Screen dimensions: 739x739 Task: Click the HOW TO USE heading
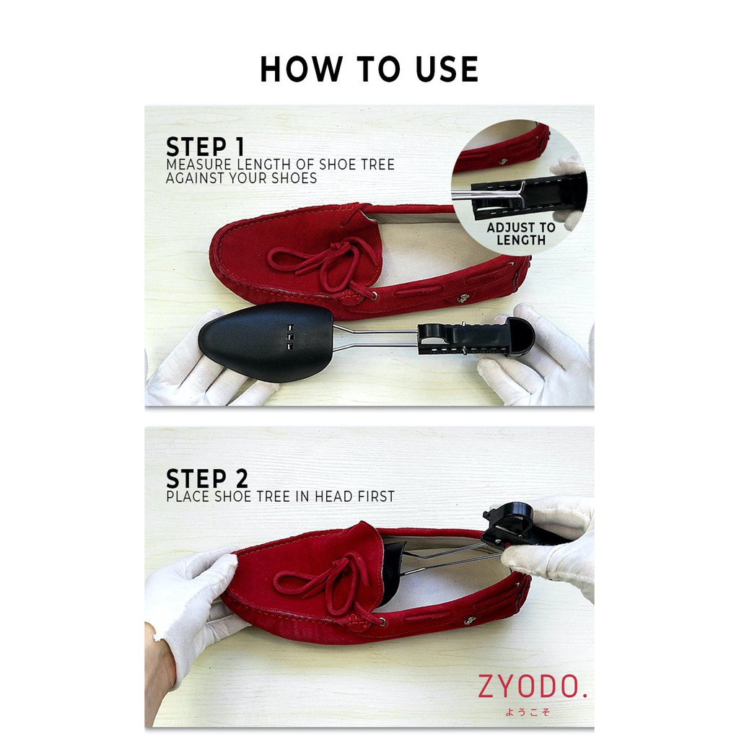click(369, 69)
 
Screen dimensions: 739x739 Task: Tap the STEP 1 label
click(206, 147)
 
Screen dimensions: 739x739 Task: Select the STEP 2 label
click(207, 478)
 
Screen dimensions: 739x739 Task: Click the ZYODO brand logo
click(533, 686)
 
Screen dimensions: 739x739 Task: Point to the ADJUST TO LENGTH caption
click(521, 234)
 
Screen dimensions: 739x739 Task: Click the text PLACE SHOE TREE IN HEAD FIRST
click(281, 497)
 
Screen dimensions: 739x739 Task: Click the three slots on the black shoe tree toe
click(290, 337)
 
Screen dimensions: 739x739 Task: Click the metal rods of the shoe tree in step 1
click(375, 337)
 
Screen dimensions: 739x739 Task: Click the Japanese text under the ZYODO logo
click(528, 712)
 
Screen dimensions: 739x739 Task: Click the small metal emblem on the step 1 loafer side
click(463, 298)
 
